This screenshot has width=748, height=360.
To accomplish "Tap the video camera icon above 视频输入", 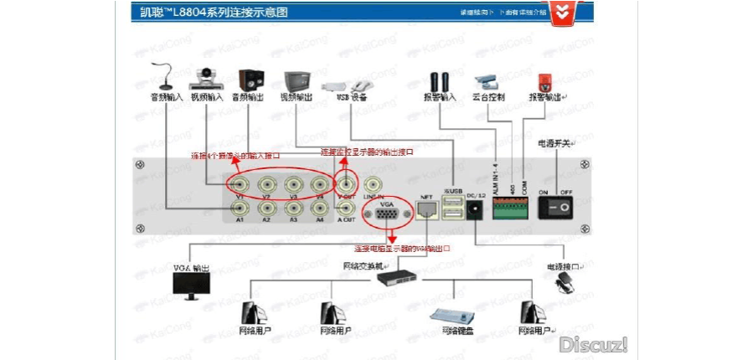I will pyautogui.click(x=205, y=79).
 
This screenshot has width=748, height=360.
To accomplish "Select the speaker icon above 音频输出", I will pyautogui.click(x=249, y=80).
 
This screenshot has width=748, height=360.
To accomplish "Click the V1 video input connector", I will pyautogui.click(x=240, y=185).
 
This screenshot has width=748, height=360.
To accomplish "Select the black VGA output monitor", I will pyautogui.click(x=192, y=285).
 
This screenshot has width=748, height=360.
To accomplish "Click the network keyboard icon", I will pyautogui.click(x=452, y=317).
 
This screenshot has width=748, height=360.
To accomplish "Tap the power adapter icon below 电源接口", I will pyautogui.click(x=566, y=286).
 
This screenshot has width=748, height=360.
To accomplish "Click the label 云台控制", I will pyautogui.click(x=489, y=98).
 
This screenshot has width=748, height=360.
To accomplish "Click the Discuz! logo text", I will pyautogui.click(x=594, y=344).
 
